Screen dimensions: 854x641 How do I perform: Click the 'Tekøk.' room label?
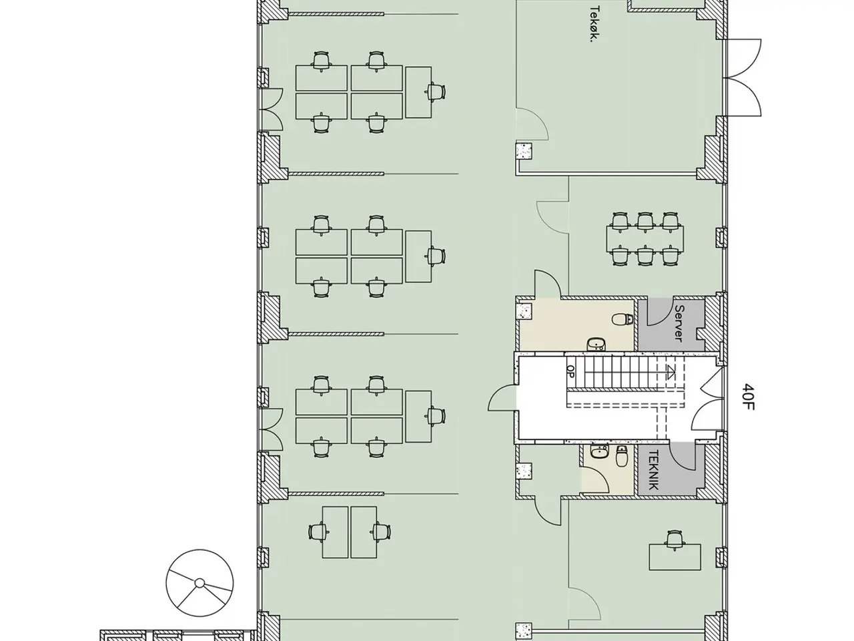pyautogui.click(x=595, y=24)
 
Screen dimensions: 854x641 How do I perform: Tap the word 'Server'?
pyautogui.click(x=679, y=323)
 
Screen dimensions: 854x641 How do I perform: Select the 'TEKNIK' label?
pyautogui.click(x=654, y=470)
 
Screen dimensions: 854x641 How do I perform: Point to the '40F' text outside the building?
pyautogui.click(x=748, y=397)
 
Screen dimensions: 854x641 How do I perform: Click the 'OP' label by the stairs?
pyautogui.click(x=570, y=371)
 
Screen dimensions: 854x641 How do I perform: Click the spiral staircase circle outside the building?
pyautogui.click(x=199, y=583)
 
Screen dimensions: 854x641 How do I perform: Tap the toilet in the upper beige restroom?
pyautogui.click(x=622, y=320)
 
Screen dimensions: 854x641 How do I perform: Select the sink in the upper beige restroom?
pyautogui.click(x=596, y=344)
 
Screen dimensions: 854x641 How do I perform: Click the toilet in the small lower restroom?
pyautogui.click(x=622, y=456)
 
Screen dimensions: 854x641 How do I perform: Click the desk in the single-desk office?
pyautogui.click(x=675, y=558)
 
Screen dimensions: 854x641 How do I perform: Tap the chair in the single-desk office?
pyautogui.click(x=675, y=540)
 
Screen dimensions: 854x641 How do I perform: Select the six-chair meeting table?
pyautogui.click(x=645, y=239)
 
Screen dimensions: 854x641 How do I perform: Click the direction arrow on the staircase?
pyautogui.click(x=670, y=373)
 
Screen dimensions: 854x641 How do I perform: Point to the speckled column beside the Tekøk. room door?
pyautogui.click(x=524, y=151)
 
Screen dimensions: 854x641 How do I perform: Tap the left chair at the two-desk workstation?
pyautogui.click(x=318, y=532)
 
